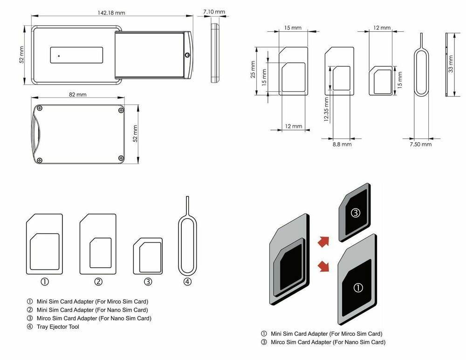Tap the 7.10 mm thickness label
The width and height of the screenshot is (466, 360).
tap(214, 12)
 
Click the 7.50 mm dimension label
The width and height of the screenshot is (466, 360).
tap(420, 145)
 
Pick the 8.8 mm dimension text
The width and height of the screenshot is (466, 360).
tap(342, 145)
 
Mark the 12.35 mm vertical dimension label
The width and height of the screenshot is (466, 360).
tap(327, 109)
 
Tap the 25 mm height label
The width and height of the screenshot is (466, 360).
tap(253, 69)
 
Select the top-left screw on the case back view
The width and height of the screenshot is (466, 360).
tap(41, 110)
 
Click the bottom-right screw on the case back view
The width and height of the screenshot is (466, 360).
tap(121, 158)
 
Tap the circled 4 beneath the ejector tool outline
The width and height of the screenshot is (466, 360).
tap(187, 282)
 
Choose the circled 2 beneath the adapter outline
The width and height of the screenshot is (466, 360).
tap(98, 282)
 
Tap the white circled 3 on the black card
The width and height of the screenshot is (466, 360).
tap(356, 214)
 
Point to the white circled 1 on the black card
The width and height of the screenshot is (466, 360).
tap(358, 288)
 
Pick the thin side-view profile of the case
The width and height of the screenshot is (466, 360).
tap(214, 53)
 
